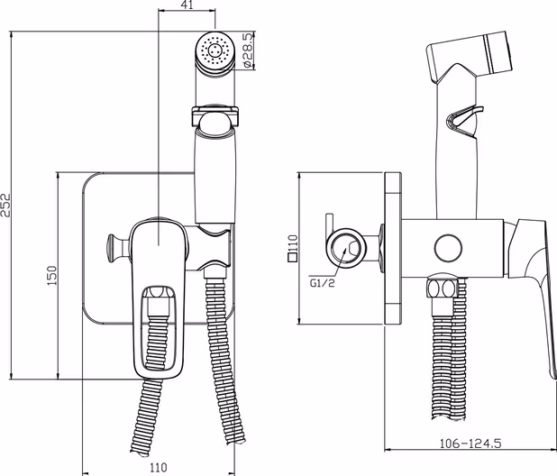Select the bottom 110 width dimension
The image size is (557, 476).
[x=158, y=468]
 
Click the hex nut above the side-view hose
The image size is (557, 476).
[x=441, y=290]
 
